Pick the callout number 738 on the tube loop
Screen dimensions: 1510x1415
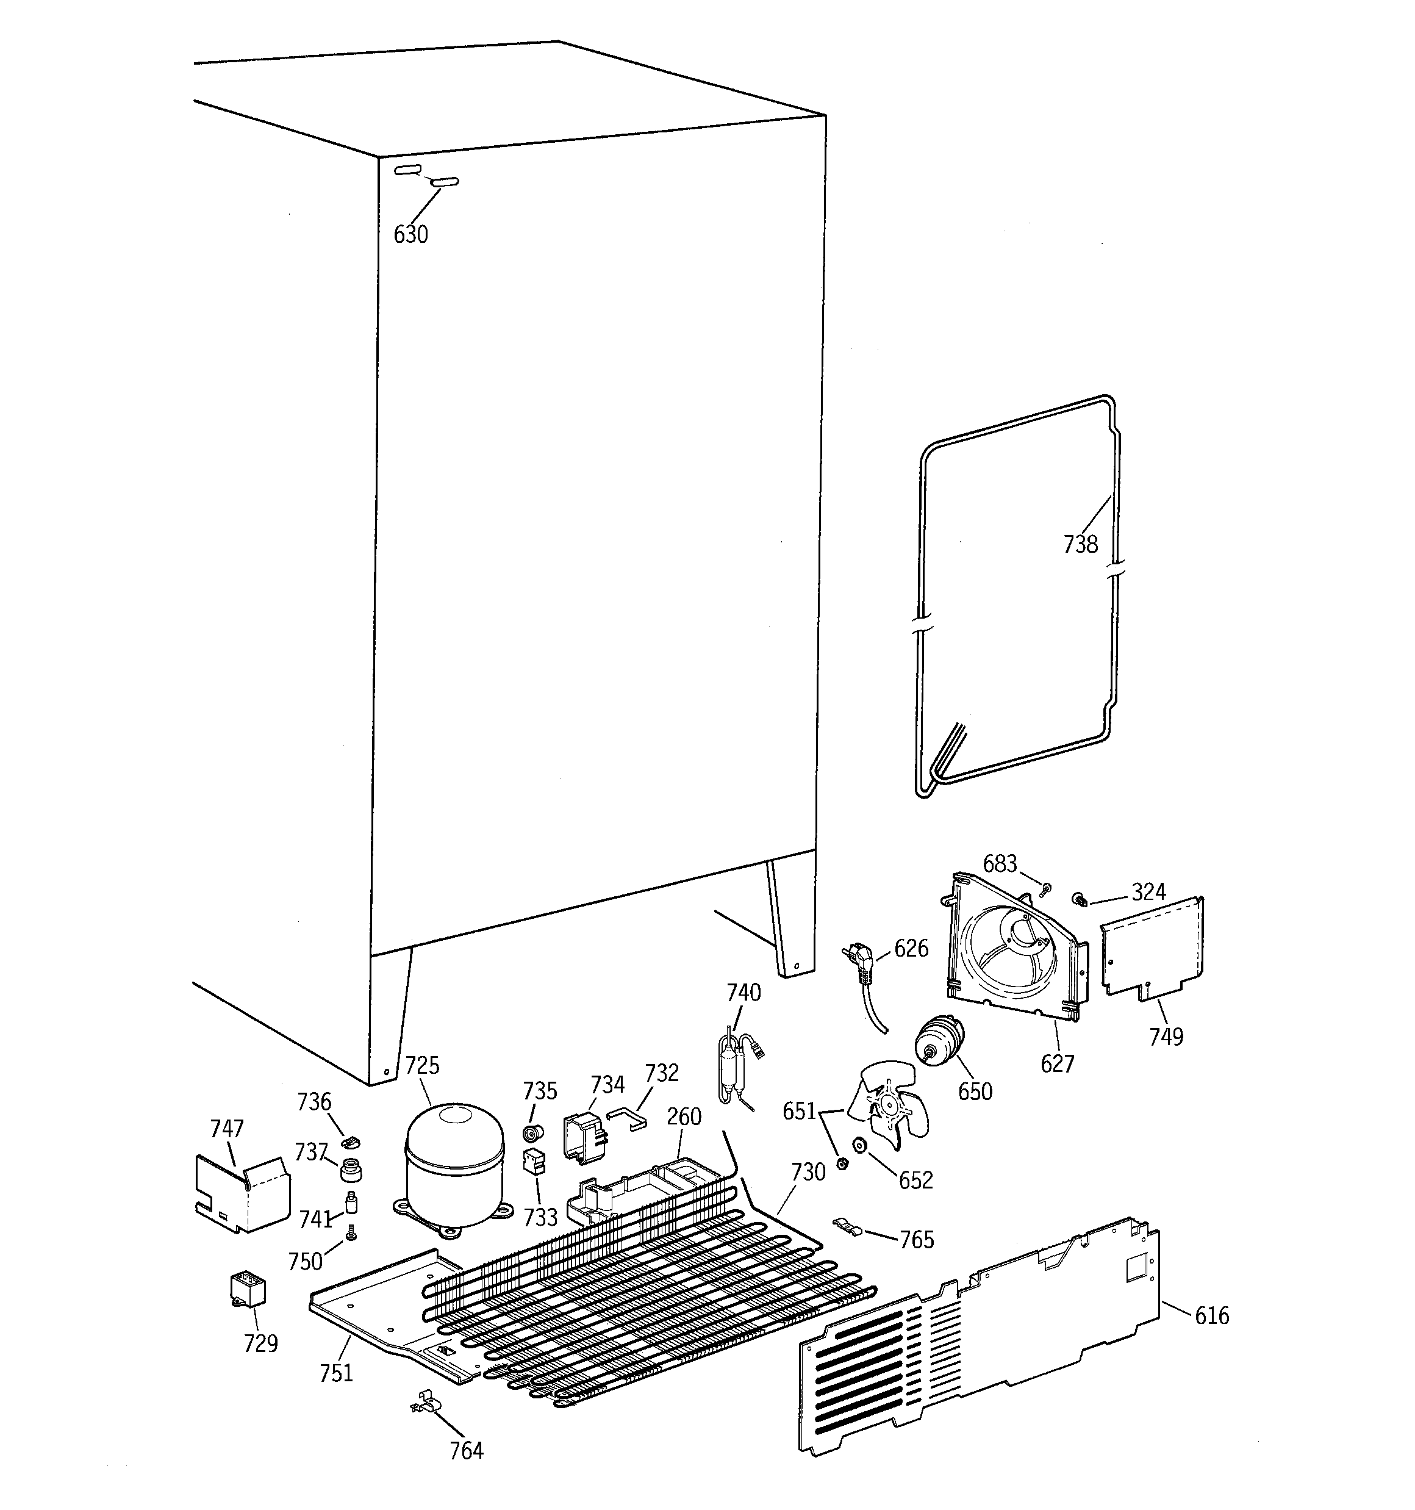pos(1080,544)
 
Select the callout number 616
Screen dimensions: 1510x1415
pos(1211,1315)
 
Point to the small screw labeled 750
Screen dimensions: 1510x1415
pos(351,1234)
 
